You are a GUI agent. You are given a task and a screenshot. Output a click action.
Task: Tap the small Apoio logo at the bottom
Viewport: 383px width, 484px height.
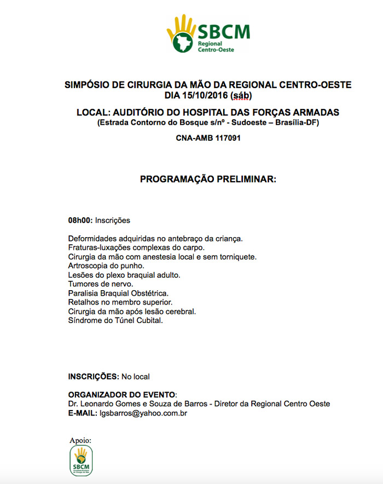(82, 460)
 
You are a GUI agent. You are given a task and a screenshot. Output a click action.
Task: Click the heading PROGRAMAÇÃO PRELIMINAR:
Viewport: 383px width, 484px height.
(208, 179)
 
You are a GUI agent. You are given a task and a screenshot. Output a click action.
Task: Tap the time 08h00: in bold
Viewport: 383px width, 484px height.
(80, 221)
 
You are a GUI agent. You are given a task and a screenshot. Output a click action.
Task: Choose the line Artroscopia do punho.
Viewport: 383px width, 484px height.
(106, 266)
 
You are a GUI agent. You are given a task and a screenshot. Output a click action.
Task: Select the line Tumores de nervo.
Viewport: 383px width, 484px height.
(100, 284)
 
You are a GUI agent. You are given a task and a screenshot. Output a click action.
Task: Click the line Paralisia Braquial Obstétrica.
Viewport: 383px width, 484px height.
(118, 293)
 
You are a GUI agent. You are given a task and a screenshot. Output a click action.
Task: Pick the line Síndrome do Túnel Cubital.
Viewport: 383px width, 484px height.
(115, 320)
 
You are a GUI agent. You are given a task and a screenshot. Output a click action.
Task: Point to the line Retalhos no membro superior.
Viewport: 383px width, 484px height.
(120, 302)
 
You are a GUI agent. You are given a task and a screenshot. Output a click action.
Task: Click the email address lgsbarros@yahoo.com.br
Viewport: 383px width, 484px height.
(143, 413)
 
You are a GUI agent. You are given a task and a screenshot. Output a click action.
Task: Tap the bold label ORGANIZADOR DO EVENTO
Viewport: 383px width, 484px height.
(121, 395)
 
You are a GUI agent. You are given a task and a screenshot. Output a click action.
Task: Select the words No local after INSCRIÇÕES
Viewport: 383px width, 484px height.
(136, 377)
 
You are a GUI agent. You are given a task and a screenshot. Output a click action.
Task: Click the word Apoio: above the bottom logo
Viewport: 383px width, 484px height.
(80, 440)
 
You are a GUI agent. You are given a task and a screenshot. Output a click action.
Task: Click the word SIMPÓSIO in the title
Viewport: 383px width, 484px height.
(87, 85)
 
